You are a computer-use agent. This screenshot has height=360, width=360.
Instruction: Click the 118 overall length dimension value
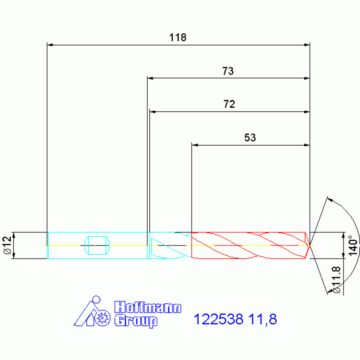coord(178,38)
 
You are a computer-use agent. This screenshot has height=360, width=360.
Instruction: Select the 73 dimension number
coord(228,71)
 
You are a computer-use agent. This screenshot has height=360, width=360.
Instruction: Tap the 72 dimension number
coord(229,104)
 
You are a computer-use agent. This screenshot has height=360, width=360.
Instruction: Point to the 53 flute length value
coord(250,138)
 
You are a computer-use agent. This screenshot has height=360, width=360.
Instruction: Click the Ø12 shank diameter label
coord(8,245)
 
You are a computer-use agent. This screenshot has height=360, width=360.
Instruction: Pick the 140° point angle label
coord(353,245)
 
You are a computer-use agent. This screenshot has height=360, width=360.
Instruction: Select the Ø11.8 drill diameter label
coord(336,280)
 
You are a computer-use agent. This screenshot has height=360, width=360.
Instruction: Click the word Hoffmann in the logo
coord(148,307)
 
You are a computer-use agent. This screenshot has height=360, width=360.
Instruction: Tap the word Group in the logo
coord(136,321)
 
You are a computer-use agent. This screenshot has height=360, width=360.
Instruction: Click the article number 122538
coord(218,319)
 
